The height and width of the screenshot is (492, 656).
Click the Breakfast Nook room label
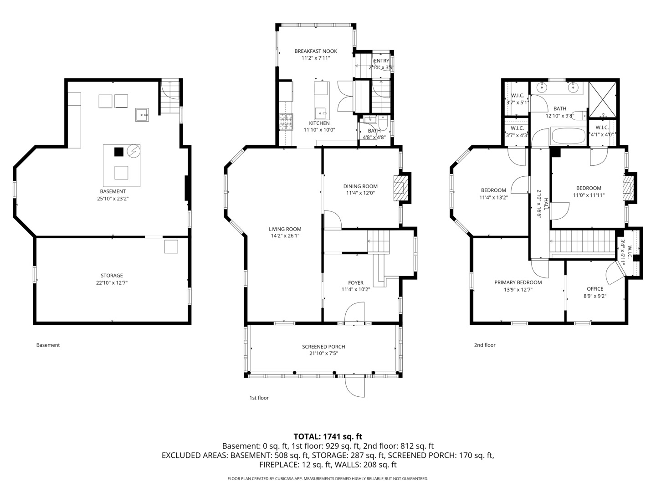[316, 51]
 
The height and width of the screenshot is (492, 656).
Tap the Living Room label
[285, 229]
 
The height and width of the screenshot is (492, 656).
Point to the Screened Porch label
[323, 347]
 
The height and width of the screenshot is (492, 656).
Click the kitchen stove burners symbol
[286, 122]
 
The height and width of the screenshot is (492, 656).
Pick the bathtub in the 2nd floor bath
[569, 136]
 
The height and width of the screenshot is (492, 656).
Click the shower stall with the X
[603, 99]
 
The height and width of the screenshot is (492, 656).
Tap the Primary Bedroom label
[518, 282]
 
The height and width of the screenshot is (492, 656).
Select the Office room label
[595, 289]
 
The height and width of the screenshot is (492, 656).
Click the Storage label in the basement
[112, 276]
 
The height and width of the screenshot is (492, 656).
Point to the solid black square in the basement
[118, 152]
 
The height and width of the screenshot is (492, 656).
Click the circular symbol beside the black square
[133, 151]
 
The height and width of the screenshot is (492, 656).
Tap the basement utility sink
[142, 115]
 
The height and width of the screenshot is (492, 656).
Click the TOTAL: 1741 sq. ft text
[328, 436]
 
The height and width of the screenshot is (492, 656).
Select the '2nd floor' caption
[485, 345]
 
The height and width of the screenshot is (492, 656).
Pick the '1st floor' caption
[259, 398]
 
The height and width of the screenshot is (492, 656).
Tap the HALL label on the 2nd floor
[546, 204]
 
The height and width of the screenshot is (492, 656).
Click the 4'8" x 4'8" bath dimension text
[374, 138]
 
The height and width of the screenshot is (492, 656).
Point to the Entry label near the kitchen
[381, 61]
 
